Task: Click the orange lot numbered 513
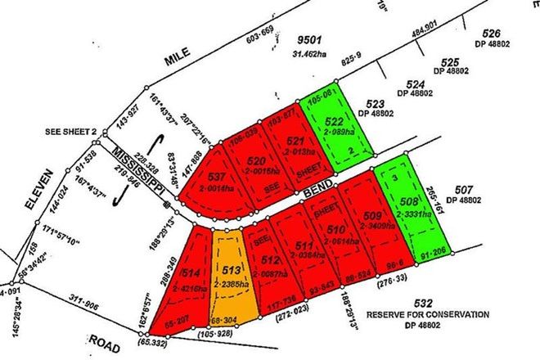pyautogui.click(x=228, y=274)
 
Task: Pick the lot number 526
pyautogui.click(x=491, y=34)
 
